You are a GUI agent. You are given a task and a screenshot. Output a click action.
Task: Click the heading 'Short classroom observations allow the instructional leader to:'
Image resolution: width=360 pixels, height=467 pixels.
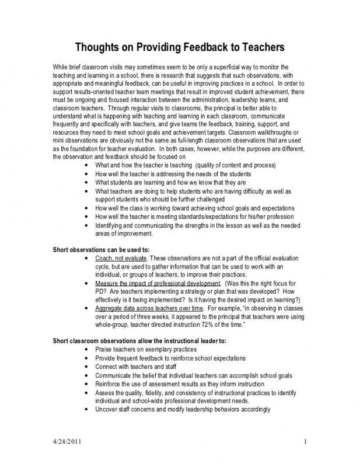[x=139, y=340]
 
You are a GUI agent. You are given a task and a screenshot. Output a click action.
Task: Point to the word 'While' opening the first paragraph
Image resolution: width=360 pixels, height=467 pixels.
[x=60, y=68]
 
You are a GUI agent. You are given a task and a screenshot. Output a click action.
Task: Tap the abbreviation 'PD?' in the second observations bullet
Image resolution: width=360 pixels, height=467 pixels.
[x=100, y=291]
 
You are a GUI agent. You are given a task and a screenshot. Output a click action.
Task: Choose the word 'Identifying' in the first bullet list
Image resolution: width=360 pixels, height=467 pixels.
[x=109, y=225]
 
